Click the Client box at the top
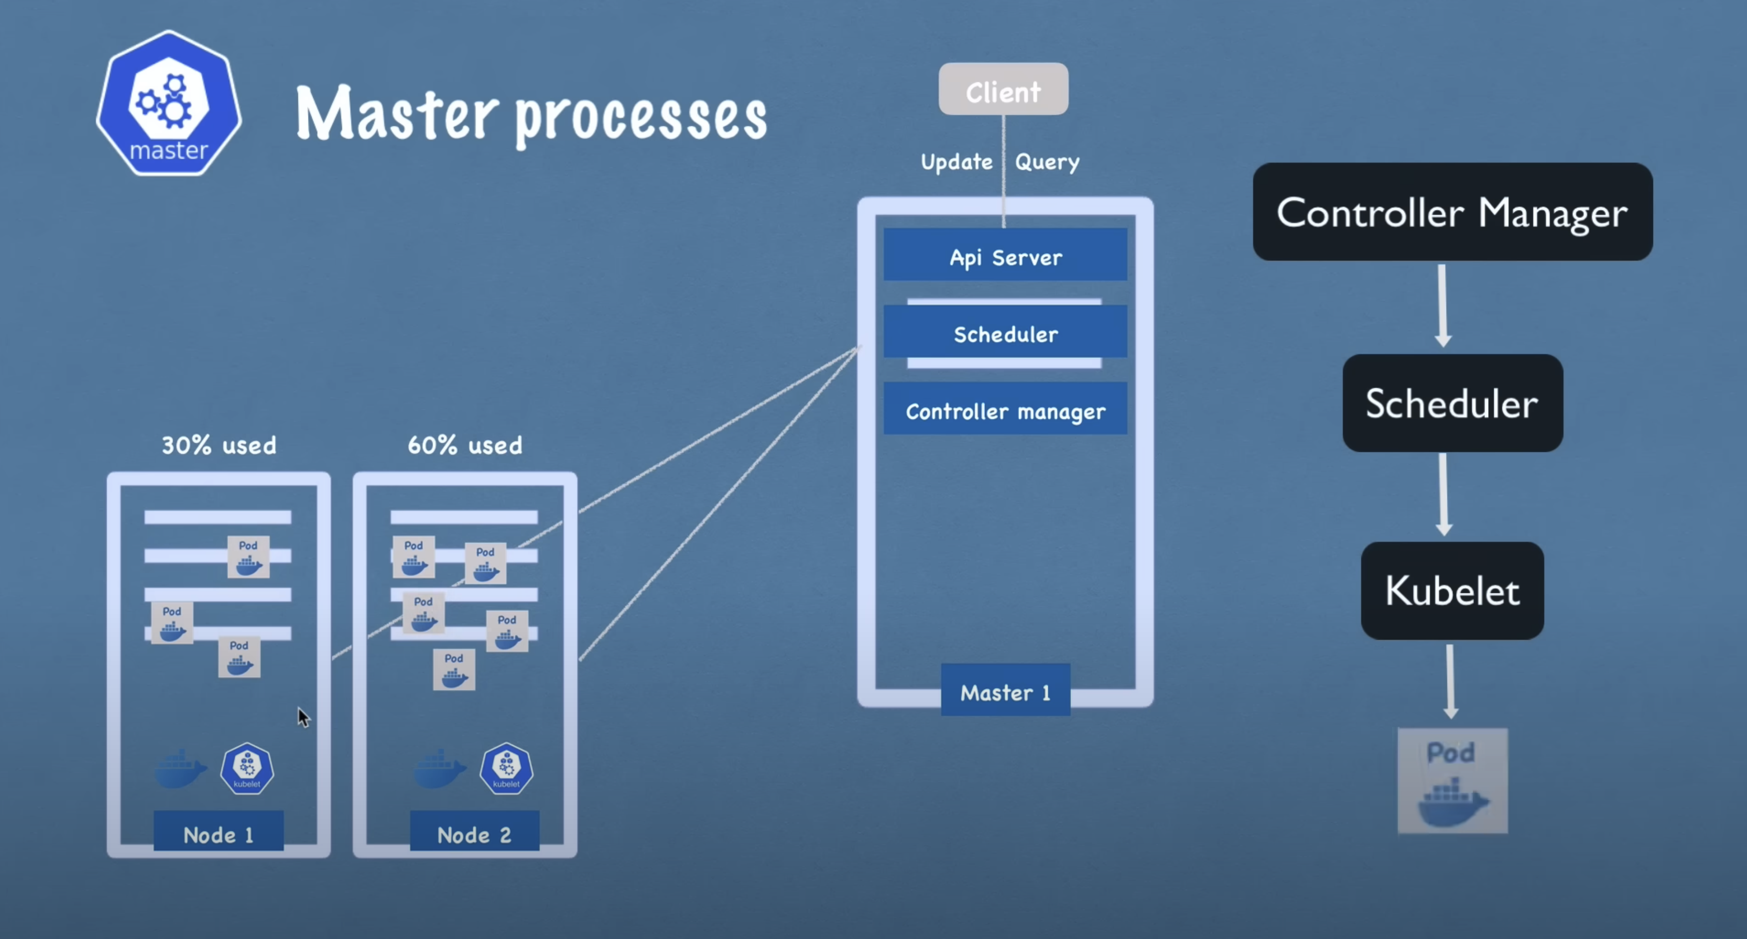1003,89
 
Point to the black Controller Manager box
1452,212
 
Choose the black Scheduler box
1452,403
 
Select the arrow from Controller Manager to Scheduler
1442,305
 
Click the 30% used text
218,445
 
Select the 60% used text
465,445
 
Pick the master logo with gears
169,103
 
